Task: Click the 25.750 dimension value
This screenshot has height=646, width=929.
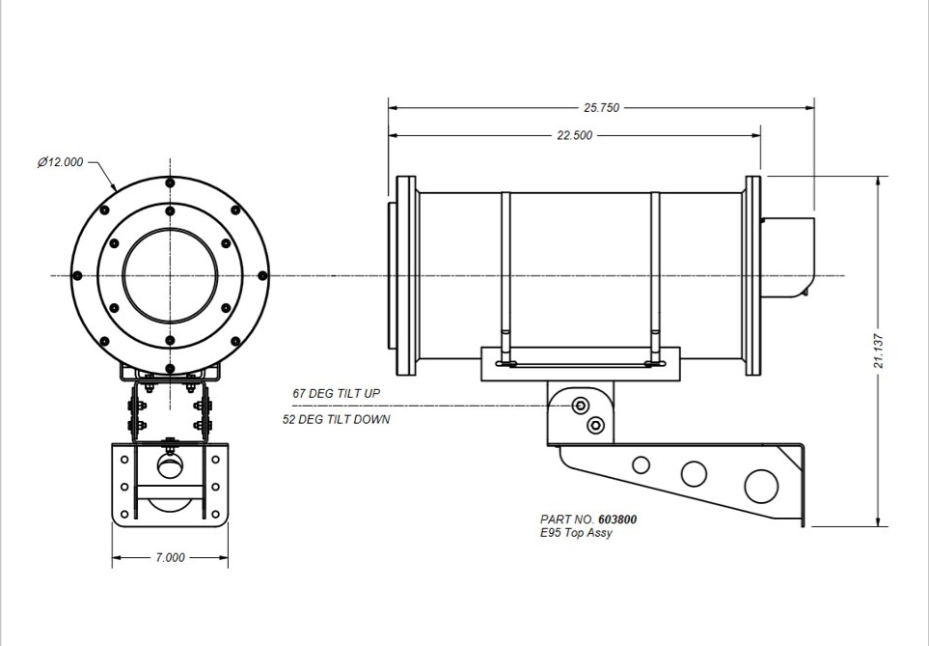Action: [602, 108]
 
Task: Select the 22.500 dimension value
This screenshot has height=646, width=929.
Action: [575, 135]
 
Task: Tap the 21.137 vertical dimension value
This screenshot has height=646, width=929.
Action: [888, 351]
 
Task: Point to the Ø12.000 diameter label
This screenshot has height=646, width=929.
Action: [60, 162]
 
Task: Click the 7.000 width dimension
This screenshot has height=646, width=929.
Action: [170, 558]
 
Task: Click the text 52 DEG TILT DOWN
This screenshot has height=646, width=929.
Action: [335, 420]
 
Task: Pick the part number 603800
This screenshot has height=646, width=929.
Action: [617, 520]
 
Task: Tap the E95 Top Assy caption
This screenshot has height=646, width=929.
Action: [576, 533]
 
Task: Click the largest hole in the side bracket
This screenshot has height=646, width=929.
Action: [761, 485]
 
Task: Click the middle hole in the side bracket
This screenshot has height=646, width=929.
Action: [694, 473]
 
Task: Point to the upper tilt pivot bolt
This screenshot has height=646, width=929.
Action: [581, 405]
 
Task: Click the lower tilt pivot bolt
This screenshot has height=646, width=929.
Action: [596, 424]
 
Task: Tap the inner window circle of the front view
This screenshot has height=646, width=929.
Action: [170, 275]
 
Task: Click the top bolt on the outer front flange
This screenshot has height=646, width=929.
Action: [170, 183]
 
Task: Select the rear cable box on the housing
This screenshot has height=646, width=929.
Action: [790, 256]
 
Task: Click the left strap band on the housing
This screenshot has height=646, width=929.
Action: [505, 275]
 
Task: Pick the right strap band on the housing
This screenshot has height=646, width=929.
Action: [656, 275]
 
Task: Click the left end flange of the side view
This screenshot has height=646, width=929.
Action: [407, 275]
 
